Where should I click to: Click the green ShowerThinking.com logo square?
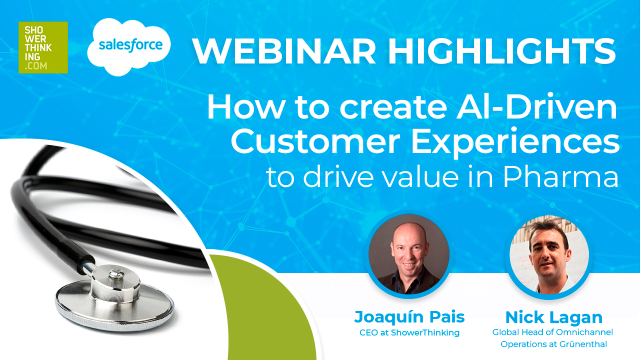43,47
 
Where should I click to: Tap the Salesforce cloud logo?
129,46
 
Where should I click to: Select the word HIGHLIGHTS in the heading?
501,51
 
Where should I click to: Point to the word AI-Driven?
536,107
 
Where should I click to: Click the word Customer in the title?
315,141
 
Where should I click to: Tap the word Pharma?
560,176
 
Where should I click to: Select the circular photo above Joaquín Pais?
408,254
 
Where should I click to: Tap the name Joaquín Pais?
409,317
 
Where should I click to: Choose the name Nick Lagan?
554,317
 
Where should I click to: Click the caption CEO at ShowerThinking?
409,333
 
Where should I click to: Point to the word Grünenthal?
583,344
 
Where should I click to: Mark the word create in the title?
393,107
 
